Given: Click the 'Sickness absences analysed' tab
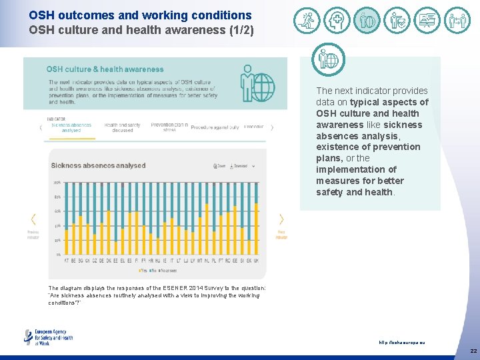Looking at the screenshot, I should pos(71,127).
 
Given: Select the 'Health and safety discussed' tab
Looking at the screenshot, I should pos(122,127).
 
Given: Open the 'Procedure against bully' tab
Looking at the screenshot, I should pos(215,127).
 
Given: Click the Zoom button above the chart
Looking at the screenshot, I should pos(219,166).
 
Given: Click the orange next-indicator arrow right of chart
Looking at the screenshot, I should pos(281,219).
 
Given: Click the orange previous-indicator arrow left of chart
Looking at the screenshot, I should pos(33,219).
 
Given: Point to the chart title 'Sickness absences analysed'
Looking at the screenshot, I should pos(98,165).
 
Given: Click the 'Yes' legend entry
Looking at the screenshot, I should pos(142,271).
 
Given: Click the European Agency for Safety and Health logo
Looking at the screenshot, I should pos(48,337).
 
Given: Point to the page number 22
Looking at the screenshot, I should pos(473,351).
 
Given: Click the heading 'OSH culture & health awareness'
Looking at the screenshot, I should pos(105,69).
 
